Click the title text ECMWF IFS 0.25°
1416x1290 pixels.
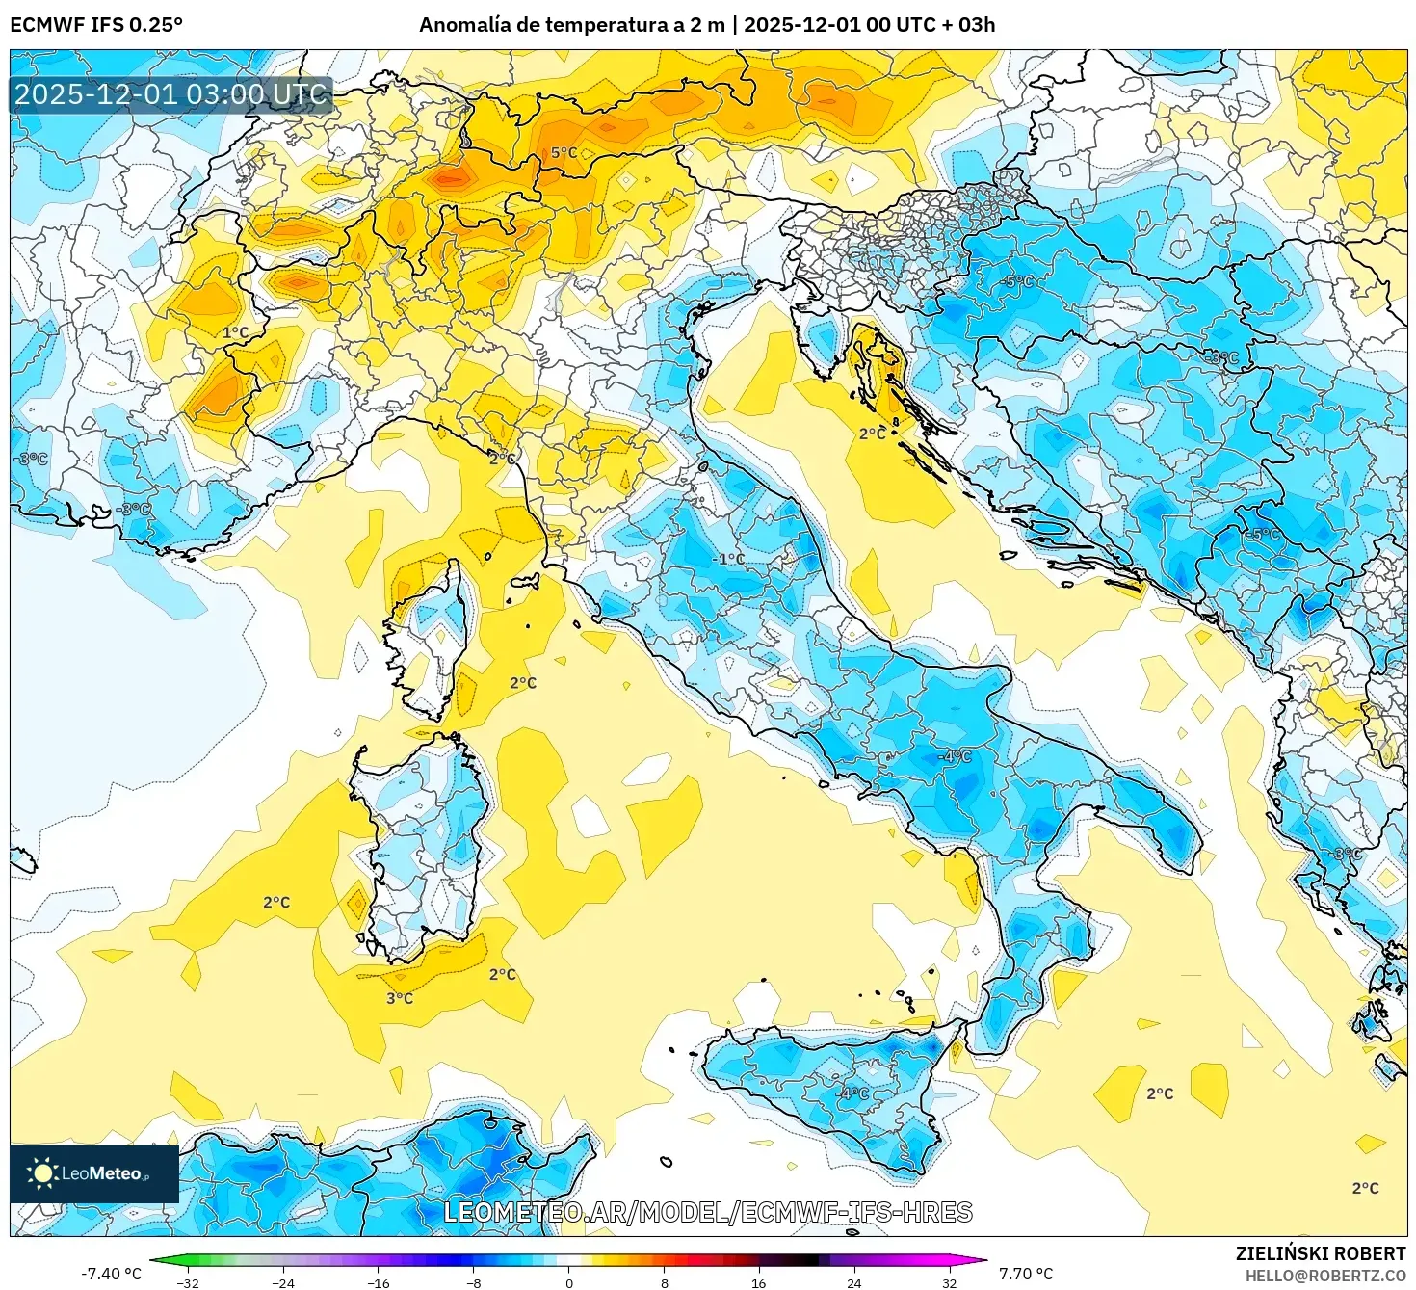tap(96, 25)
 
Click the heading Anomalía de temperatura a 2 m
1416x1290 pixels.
tap(571, 25)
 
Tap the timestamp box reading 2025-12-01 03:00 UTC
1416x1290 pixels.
tap(171, 94)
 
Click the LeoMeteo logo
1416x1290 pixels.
tap(93, 1173)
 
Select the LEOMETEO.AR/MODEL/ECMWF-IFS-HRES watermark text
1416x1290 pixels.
tap(708, 1212)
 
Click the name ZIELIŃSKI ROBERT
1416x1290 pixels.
tap(1321, 1253)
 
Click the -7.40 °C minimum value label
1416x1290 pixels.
tap(111, 1274)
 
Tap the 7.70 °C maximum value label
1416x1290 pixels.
tap(1026, 1274)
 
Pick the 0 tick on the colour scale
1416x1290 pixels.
tap(569, 1282)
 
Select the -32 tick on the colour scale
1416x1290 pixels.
tap(188, 1282)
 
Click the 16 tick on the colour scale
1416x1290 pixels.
tap(759, 1282)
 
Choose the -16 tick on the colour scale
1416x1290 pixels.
tap(379, 1282)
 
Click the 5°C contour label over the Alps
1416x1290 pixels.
tap(564, 153)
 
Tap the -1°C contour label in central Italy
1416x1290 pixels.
tap(728, 559)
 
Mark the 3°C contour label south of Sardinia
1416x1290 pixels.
tap(400, 998)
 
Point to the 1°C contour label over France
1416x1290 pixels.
tap(236, 332)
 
